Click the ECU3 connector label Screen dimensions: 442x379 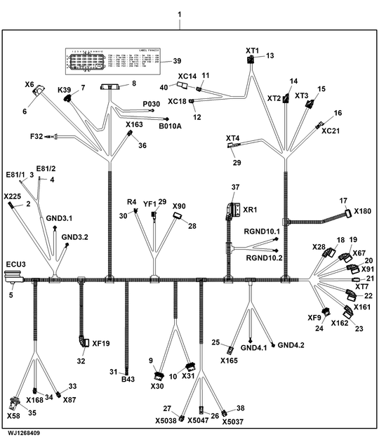coord(15,264)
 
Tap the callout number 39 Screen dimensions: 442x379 coord(178,61)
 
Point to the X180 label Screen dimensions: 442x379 coord(362,210)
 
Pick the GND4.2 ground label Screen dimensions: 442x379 coord(291,344)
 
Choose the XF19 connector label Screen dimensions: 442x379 coord(101,344)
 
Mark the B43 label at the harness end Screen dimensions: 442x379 coord(128,380)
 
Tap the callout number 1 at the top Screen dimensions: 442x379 coord(180,15)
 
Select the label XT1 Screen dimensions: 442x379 coord(252,51)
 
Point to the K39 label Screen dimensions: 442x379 coord(65,91)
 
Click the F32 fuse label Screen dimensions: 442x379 coord(36,137)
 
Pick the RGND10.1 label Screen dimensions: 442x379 coord(262,232)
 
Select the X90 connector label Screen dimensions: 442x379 coord(179,207)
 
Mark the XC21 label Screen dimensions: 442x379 coord(331,130)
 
